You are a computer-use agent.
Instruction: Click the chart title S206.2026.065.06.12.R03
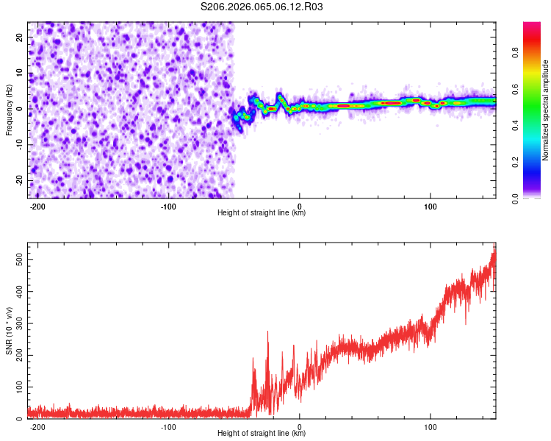pos(262,7)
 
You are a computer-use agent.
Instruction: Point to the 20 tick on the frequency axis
pos(20,36)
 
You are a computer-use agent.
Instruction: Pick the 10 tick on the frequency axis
pos(20,72)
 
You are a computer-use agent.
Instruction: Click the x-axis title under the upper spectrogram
pos(262,213)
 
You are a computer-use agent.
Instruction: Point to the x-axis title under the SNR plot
pos(262,434)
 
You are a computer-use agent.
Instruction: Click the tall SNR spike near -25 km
pos(267,332)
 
